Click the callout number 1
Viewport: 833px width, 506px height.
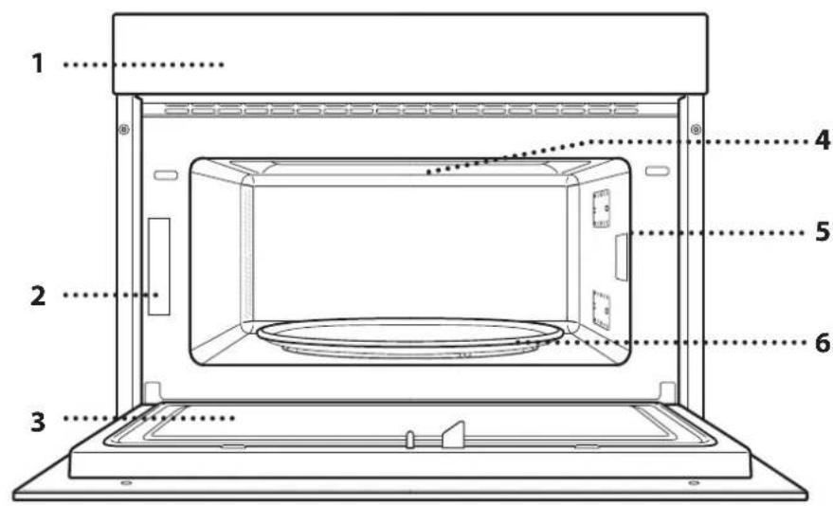tap(38, 65)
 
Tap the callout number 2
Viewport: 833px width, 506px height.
tap(38, 296)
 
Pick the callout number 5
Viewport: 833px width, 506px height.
tap(822, 231)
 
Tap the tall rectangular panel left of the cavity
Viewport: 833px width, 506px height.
tap(159, 265)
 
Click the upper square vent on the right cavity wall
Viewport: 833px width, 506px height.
tap(599, 208)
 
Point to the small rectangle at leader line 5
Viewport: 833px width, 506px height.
tap(621, 258)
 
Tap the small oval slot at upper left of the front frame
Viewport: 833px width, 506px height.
tap(164, 174)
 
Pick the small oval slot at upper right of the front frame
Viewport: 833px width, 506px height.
tap(657, 172)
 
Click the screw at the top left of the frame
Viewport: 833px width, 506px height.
tap(123, 129)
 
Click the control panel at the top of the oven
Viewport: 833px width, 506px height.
tap(409, 52)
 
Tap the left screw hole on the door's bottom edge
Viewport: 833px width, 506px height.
tap(126, 483)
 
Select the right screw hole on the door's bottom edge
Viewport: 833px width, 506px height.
tap(694, 483)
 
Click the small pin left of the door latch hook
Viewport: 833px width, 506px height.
tap(409, 439)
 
